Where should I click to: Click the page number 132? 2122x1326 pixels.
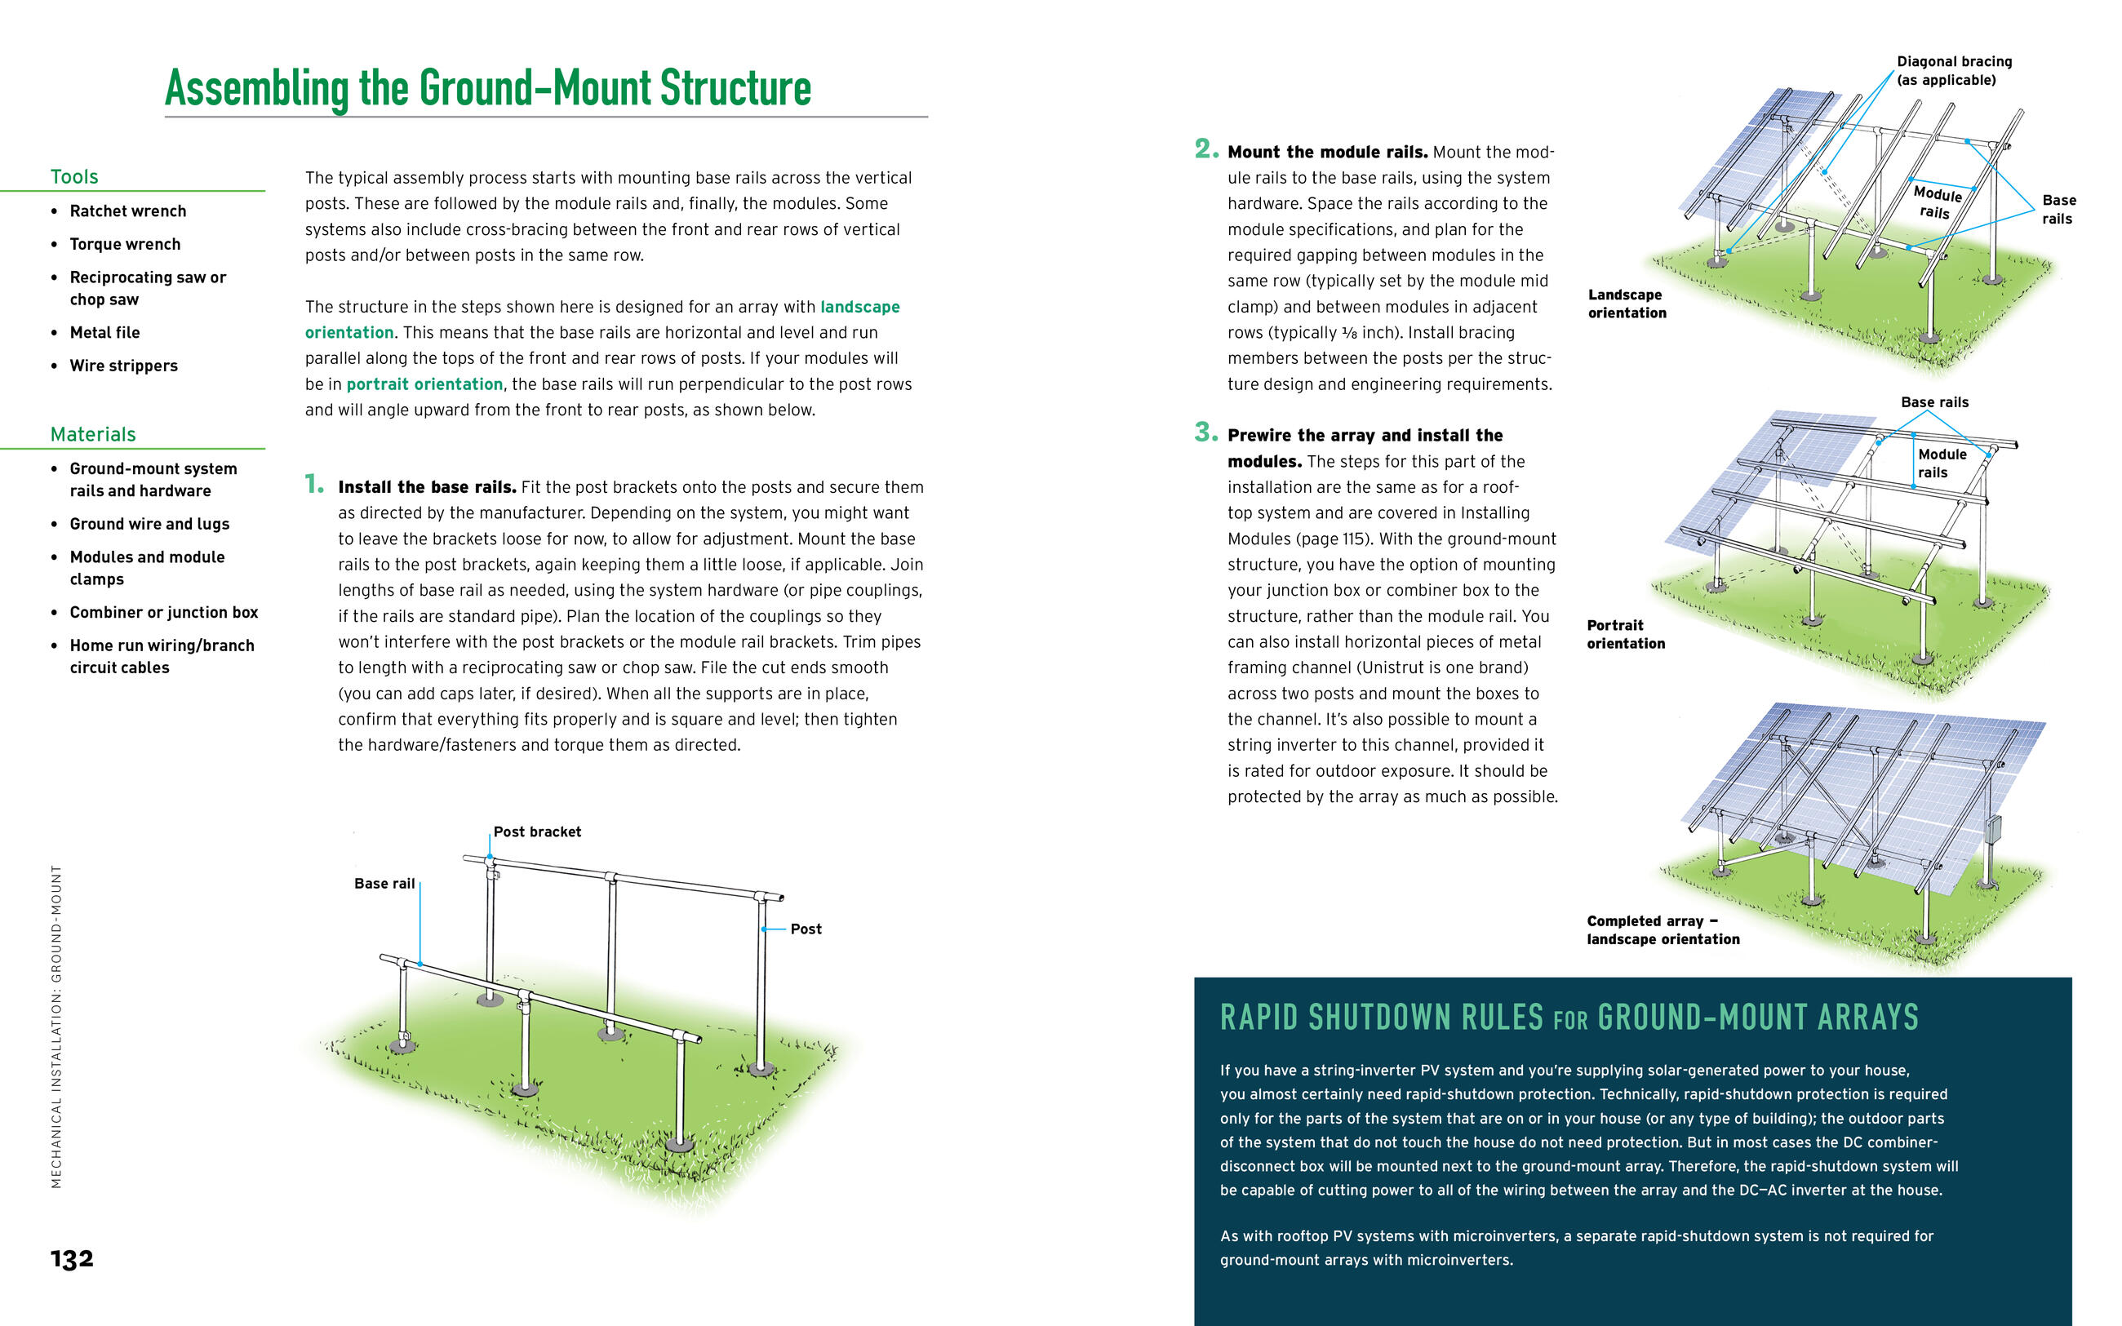point(72,1258)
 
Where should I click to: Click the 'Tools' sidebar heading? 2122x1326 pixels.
point(74,176)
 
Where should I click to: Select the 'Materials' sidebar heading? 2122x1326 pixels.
point(93,434)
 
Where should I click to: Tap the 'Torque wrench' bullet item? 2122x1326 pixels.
point(126,244)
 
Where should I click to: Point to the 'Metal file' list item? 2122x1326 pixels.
point(104,332)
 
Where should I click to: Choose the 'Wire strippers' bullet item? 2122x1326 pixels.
point(123,366)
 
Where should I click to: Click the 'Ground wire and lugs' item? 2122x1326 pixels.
point(149,524)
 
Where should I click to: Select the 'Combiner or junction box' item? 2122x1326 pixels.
point(164,612)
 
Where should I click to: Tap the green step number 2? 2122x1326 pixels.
point(1205,149)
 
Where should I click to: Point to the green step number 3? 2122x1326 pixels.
point(1205,432)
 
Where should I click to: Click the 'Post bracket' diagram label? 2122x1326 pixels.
point(537,832)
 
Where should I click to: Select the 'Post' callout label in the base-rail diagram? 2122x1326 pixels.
point(805,929)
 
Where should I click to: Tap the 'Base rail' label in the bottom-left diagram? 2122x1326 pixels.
point(384,883)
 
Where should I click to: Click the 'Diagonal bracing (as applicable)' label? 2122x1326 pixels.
point(1954,70)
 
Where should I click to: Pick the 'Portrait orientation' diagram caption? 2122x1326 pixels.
point(1625,634)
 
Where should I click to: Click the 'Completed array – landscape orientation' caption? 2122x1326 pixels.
point(1663,929)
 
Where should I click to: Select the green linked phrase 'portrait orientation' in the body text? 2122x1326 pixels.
point(424,384)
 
